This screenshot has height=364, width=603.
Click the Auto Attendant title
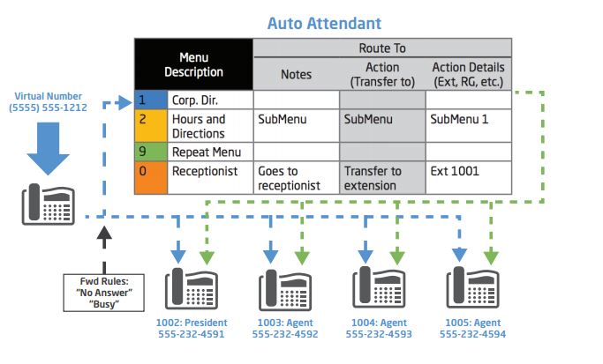click(x=324, y=24)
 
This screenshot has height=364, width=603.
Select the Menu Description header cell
click(x=194, y=64)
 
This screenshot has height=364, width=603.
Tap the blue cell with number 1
click(x=151, y=100)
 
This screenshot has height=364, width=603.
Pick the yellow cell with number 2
click(x=151, y=126)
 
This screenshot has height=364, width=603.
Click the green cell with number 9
click(x=151, y=152)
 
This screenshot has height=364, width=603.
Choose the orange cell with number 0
click(x=151, y=177)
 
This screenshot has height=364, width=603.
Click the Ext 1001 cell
click(x=469, y=177)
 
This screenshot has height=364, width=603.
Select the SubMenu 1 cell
click(x=469, y=126)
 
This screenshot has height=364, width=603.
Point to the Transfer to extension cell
click(x=382, y=177)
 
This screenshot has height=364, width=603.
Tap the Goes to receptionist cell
click(x=297, y=177)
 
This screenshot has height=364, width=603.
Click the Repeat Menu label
click(x=207, y=152)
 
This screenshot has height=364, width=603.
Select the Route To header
click(x=382, y=48)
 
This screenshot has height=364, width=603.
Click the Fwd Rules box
click(x=104, y=293)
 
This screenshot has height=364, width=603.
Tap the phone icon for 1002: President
click(x=192, y=288)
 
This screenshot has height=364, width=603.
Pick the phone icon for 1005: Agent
click(x=472, y=287)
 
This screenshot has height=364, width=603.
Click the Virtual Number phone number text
click(x=48, y=108)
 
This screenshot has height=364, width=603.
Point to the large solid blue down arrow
click(x=48, y=149)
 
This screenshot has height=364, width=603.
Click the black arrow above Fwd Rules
click(x=104, y=249)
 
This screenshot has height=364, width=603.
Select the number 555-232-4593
click(x=379, y=334)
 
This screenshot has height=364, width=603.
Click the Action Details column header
click(x=469, y=74)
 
